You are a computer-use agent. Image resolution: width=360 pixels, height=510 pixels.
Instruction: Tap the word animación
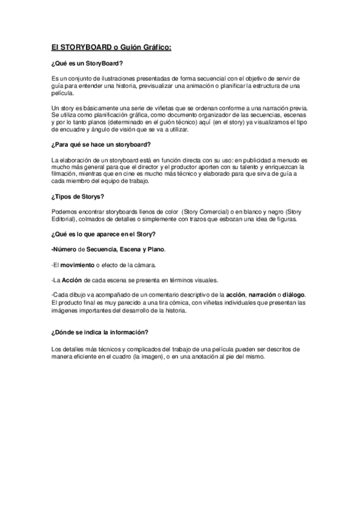click(211, 86)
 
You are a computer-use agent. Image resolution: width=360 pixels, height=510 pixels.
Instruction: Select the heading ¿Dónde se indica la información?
click(100, 332)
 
